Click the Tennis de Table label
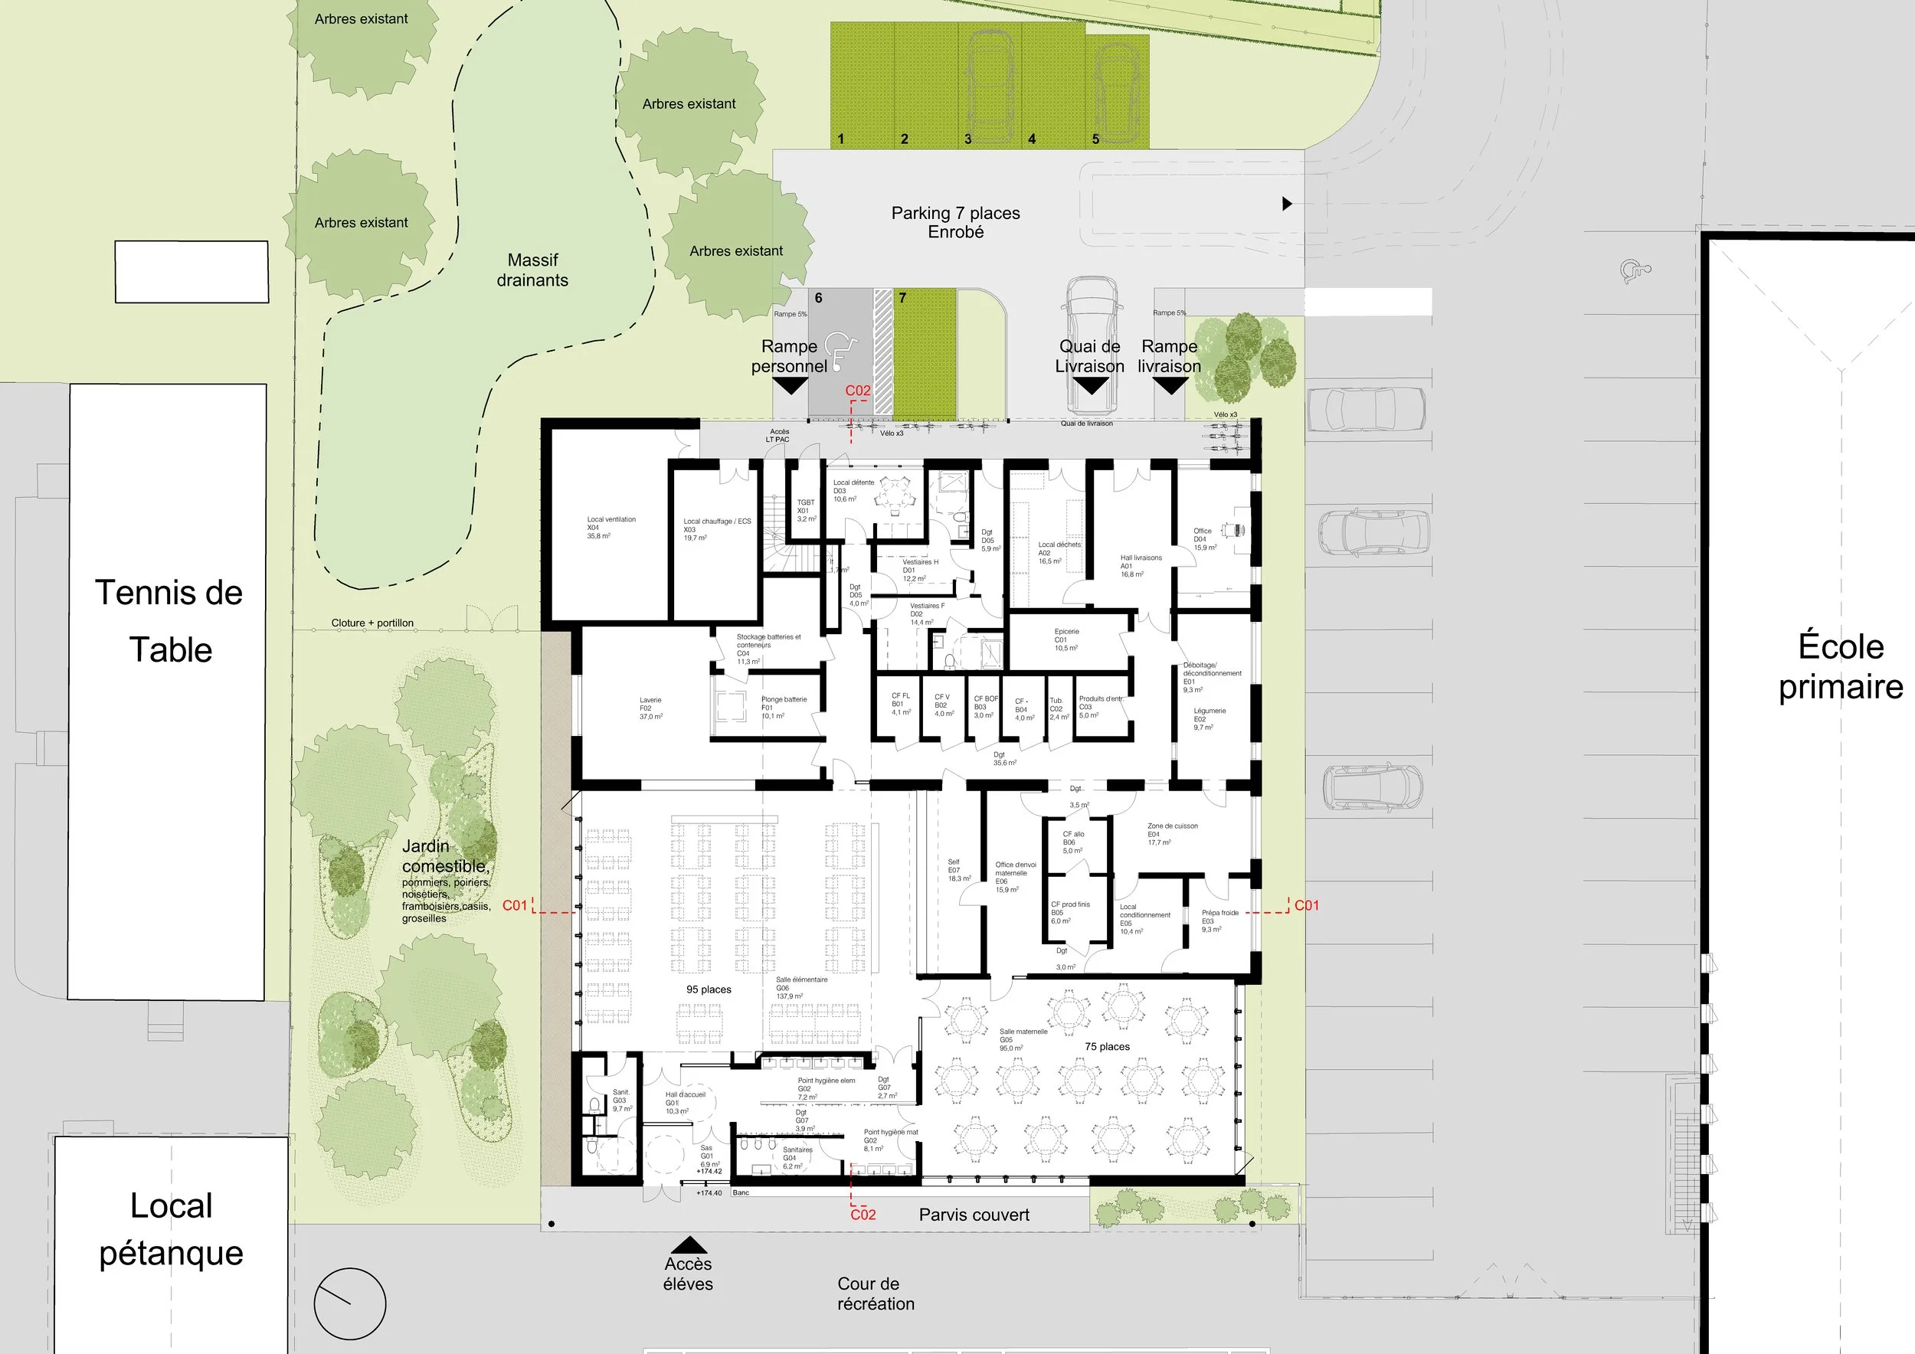169,621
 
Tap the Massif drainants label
532,270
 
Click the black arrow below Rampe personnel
790,386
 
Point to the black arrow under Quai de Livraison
1089,386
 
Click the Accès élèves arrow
688,1245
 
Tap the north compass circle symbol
349,1305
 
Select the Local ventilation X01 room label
611,527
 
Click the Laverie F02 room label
650,708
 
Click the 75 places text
1107,1046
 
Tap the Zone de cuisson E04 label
1172,834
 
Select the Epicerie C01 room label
1066,639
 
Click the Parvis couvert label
974,1215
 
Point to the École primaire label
1840,667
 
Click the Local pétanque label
171,1229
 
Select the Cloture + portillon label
372,623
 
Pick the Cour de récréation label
875,1293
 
